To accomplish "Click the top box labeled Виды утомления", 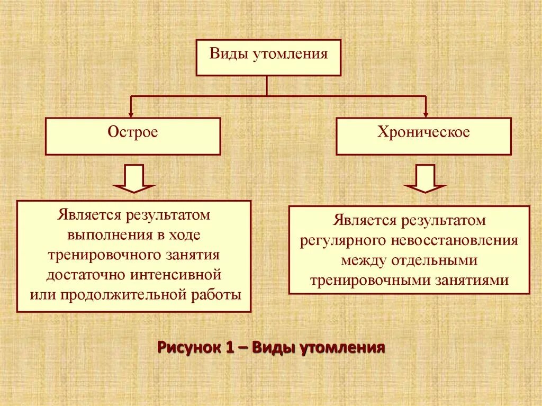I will coord(268,56).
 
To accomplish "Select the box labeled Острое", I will coord(132,136).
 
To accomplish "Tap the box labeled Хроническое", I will coord(423,136).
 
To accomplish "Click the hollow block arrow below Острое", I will coord(133,179).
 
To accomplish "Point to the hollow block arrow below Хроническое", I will coord(425,179).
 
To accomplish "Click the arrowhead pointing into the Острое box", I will coord(131,113).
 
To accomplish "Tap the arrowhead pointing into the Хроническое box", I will coord(426,113).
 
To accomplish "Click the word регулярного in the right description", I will coord(344,240).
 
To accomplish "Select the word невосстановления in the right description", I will coord(455,240).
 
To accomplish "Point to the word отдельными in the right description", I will coord(435,260).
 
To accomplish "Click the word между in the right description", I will coord(364,260).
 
